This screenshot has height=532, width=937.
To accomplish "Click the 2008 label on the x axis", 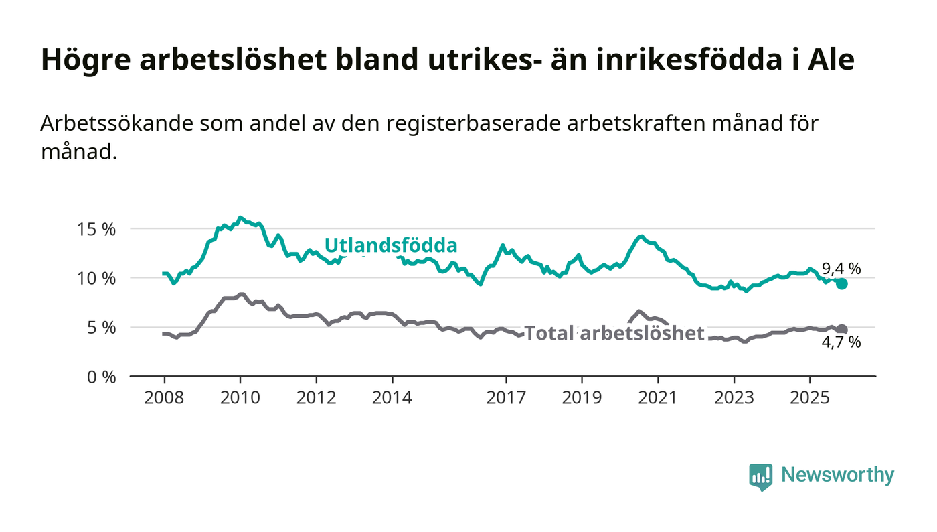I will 164,398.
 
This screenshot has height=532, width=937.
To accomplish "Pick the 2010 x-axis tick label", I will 240,398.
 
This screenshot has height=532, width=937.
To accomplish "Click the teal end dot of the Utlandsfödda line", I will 842,284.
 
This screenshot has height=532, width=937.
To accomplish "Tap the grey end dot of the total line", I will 842,330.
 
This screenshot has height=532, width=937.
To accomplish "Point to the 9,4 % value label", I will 841,269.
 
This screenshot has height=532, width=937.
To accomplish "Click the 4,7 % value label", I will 841,343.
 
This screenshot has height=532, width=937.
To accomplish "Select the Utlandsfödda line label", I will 391,245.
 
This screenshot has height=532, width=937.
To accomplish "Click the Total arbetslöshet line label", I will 614,333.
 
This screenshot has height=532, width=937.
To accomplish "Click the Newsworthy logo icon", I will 760,476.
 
